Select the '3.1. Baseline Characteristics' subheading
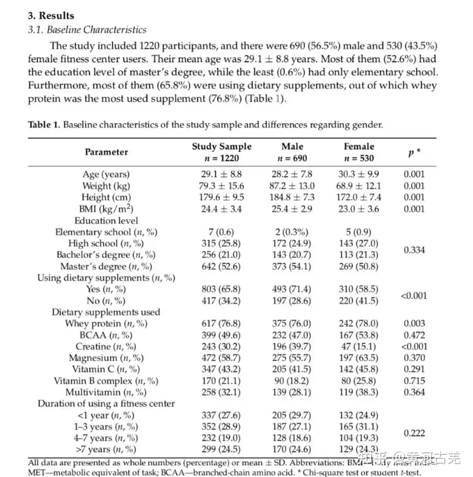coord(87,30)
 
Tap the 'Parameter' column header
coord(106,152)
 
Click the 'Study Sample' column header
coord(221,147)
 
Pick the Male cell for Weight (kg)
coord(293,186)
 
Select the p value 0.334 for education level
coord(414,250)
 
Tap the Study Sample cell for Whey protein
coord(221,324)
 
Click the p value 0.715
coord(414,381)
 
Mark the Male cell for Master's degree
coord(292,266)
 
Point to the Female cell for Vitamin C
coord(360,369)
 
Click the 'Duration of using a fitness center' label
coord(106,404)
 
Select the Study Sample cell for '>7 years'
coord(221,449)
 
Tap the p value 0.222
coord(414,433)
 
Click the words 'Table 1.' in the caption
coord(44,125)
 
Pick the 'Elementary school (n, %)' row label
coord(106,232)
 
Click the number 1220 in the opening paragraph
coord(151,46)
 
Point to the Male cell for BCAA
coord(292,335)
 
